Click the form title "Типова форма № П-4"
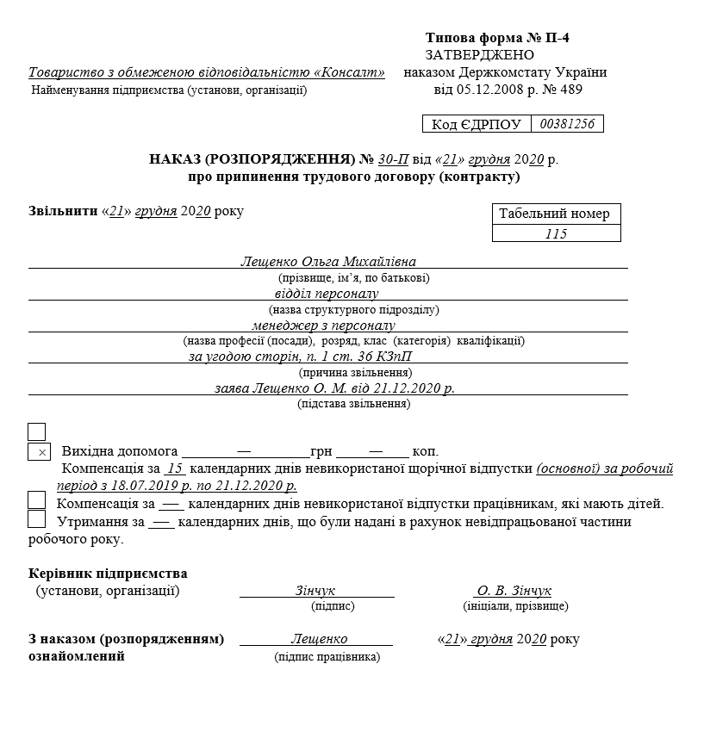pos(497,39)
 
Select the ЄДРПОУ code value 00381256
pos(566,124)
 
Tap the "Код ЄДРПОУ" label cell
pos(477,125)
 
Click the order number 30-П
pos(395,159)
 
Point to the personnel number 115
pos(556,233)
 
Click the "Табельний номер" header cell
pos(556,214)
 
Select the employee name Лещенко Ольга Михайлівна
pos(328,262)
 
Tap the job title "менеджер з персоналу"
pos(323,326)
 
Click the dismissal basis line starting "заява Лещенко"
pos(334,388)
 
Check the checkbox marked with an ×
pos(39,451)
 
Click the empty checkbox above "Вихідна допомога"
pos(37,431)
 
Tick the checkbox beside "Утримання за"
pos(37,519)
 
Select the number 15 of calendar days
pos(175,469)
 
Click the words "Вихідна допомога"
pos(120,451)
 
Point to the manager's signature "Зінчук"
pos(315,591)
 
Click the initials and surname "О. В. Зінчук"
pos(514,591)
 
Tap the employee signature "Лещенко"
pos(319,639)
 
